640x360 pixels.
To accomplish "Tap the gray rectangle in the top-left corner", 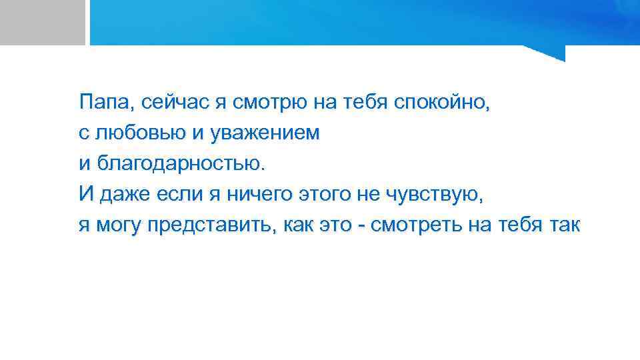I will (42, 22).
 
